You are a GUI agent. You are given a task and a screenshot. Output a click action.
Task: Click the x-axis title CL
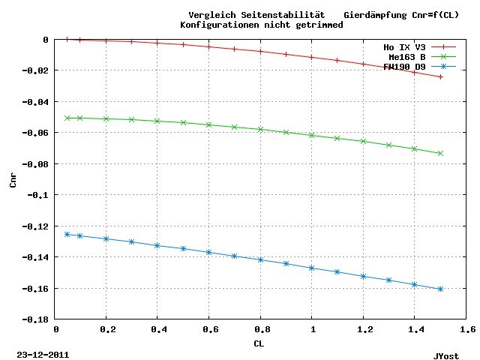tap(258, 343)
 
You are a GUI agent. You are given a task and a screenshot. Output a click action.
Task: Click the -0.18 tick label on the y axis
tap(36, 319)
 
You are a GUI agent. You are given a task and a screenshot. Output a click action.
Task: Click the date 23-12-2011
tap(42, 352)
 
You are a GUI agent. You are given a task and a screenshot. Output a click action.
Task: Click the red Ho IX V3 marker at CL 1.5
tap(440, 76)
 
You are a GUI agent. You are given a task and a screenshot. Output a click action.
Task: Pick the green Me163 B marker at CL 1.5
tap(440, 153)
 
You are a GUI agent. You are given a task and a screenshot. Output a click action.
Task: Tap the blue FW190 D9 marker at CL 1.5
tap(440, 289)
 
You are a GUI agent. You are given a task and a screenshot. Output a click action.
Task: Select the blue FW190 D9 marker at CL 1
tap(312, 268)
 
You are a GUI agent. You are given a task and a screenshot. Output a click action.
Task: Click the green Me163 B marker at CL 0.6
tap(209, 124)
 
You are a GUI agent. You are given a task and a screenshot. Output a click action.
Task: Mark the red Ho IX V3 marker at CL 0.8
tap(260, 51)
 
